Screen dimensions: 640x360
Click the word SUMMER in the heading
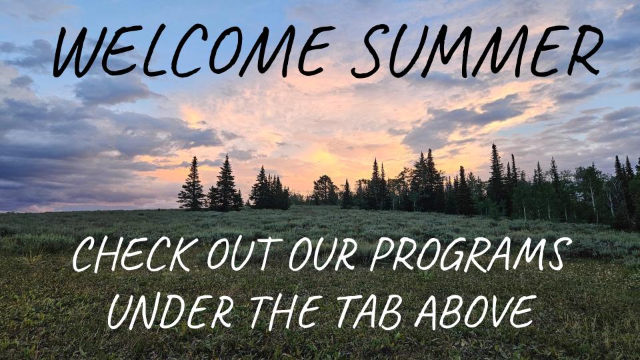477,51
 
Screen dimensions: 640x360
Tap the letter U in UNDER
121,313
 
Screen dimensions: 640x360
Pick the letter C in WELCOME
187,51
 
